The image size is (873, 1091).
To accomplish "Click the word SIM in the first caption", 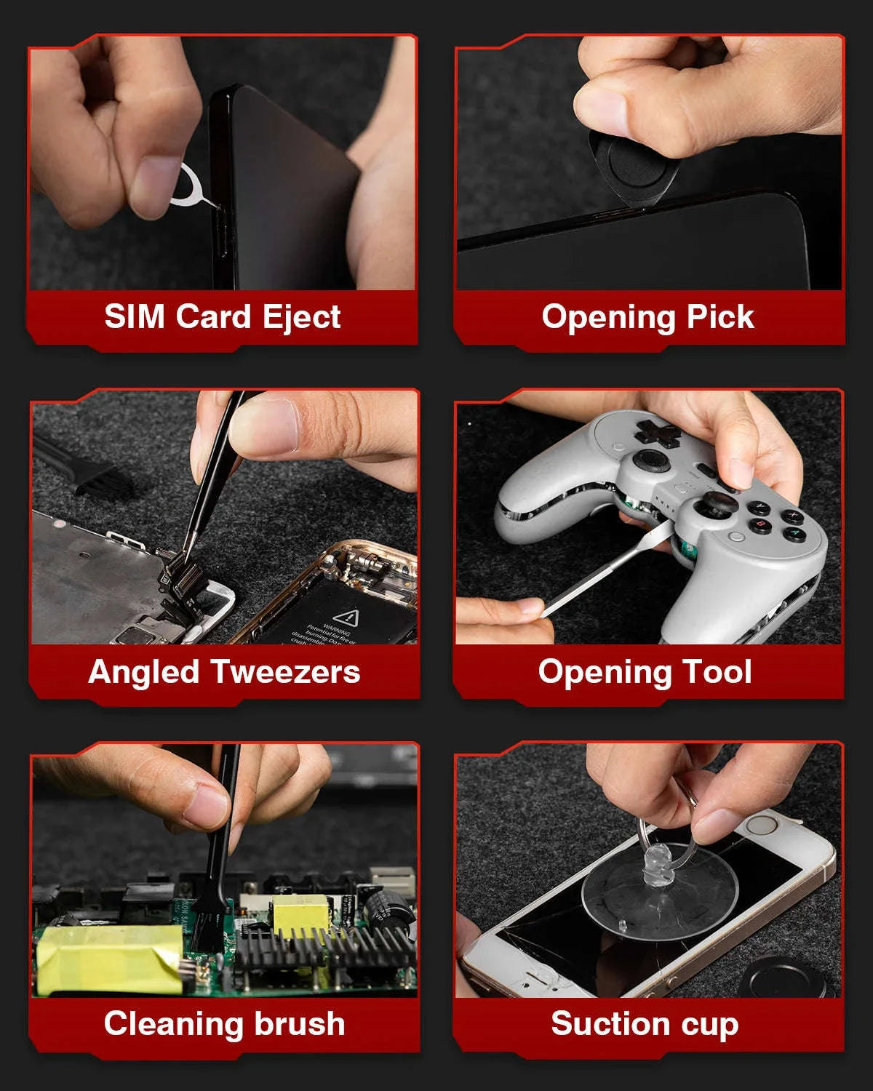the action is (x=134, y=316).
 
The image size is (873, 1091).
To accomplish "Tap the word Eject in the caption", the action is (x=302, y=318).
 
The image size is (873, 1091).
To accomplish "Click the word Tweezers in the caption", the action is (x=285, y=672).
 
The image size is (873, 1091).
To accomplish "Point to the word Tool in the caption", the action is (x=717, y=672).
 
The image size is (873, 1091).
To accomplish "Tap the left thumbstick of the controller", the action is (x=650, y=460).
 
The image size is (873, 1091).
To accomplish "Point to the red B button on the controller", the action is (x=761, y=524).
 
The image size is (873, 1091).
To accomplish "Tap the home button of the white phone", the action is (x=762, y=825).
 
